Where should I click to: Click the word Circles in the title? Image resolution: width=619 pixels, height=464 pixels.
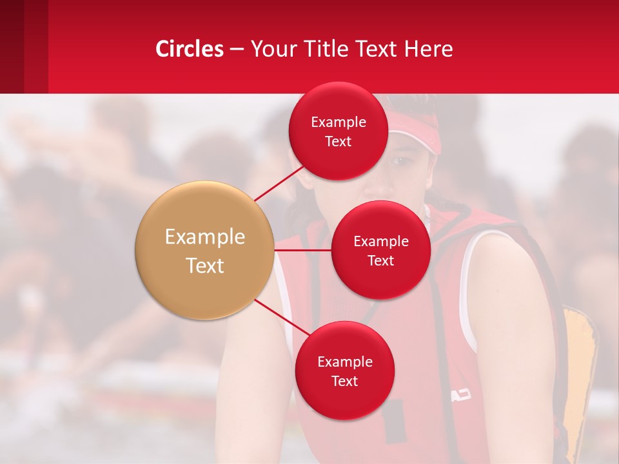pyautogui.click(x=190, y=49)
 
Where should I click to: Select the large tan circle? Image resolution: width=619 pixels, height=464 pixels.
pyautogui.click(x=205, y=250)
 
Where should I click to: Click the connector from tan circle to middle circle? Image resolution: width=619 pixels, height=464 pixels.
pyautogui.click(x=303, y=250)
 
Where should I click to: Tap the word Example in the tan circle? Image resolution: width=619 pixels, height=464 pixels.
pyautogui.click(x=205, y=237)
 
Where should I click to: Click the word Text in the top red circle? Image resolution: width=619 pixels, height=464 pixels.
pyautogui.click(x=338, y=142)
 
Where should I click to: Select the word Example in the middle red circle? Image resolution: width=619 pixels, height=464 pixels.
pyautogui.click(x=380, y=242)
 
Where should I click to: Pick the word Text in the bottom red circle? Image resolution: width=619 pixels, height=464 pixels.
pyautogui.click(x=344, y=382)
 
